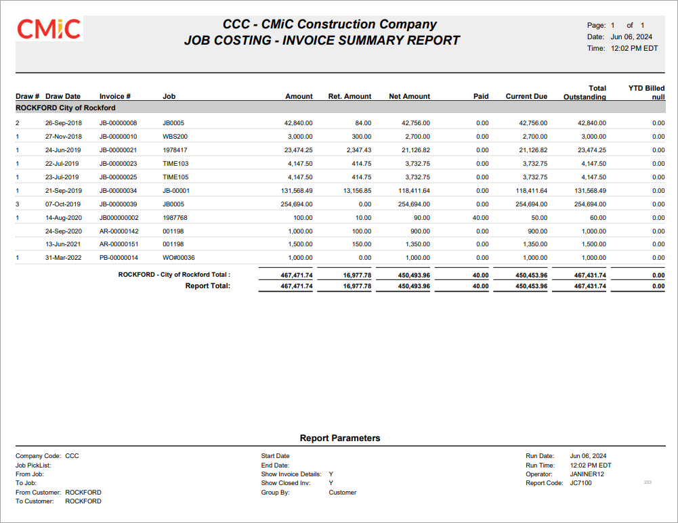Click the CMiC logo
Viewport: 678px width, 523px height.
coord(49,29)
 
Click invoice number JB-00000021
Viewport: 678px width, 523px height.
coord(118,150)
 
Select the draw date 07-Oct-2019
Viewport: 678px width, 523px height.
coord(64,204)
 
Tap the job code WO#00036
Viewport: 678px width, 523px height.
coord(179,258)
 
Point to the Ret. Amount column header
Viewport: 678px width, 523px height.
coord(349,96)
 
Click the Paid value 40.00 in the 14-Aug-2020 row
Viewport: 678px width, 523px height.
coord(480,218)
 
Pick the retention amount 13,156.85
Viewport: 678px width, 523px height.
coord(357,191)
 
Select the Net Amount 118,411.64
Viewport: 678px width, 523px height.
coord(414,191)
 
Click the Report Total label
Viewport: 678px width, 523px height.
coord(207,286)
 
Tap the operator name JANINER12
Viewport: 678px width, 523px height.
coord(587,474)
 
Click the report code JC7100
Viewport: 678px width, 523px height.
coord(580,483)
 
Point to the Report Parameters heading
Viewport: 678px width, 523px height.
coord(340,438)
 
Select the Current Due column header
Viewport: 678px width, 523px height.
coord(526,96)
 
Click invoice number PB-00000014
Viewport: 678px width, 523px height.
coord(119,258)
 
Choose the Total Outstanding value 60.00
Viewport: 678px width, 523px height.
coord(597,218)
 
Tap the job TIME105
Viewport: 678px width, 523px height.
coord(175,177)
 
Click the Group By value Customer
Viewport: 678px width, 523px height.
coord(343,493)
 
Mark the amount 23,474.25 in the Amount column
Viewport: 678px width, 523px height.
coord(298,150)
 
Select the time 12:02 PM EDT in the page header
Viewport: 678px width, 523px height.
coord(634,48)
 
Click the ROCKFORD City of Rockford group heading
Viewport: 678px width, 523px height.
coord(65,108)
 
